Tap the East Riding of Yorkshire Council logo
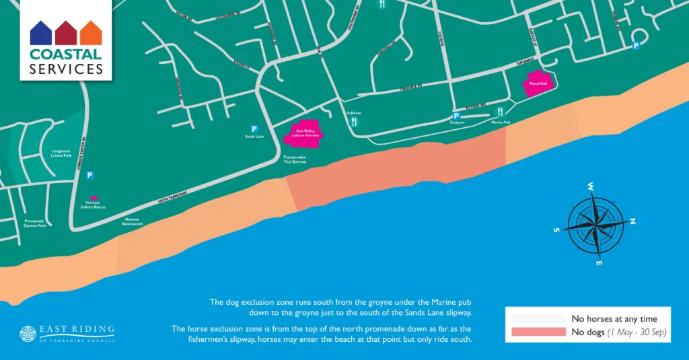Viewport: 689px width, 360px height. click(67, 333)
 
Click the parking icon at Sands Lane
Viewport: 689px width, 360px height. click(254, 129)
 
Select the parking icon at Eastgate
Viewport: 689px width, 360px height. click(456, 116)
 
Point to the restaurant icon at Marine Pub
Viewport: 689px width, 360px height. click(500, 112)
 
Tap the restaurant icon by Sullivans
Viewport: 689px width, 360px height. click(354, 122)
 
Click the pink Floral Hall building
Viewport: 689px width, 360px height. click(538, 85)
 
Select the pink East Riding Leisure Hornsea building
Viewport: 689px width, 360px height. click(305, 134)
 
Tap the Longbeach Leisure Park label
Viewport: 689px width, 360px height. click(62, 153)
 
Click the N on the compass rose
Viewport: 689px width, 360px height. click(632, 221)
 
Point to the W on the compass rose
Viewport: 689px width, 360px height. click(590, 186)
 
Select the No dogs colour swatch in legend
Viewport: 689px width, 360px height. click(538, 332)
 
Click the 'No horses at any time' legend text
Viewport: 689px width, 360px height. click(614, 318)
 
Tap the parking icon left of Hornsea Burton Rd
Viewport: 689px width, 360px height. click(89, 175)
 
